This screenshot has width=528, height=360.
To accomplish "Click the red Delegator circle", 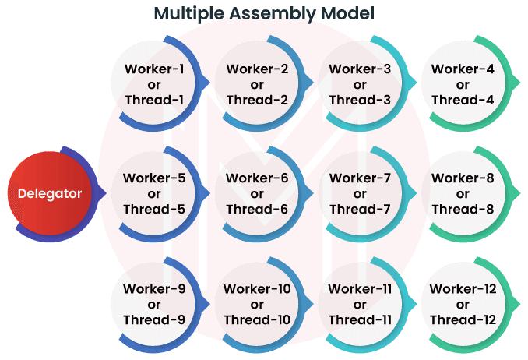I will tap(49, 193).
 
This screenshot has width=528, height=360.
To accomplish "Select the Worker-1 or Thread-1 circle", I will tap(153, 84).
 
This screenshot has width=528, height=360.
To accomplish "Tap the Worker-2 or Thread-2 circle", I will tap(256, 84).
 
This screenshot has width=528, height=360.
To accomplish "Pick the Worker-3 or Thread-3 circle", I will tap(359, 84).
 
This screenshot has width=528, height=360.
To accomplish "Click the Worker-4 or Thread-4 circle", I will tap(462, 84).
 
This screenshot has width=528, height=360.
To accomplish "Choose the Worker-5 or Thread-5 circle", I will tap(153, 193).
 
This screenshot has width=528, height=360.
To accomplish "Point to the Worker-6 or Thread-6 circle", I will tap(256, 193).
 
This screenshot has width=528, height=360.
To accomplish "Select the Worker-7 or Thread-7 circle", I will tap(359, 193).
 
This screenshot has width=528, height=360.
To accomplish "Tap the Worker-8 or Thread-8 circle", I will tap(462, 193).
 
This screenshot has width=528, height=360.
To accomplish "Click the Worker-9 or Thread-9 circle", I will tap(153, 304).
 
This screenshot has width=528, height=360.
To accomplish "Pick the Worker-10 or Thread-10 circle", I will tap(256, 304).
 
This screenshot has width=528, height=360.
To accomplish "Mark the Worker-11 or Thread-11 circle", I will tap(359, 304).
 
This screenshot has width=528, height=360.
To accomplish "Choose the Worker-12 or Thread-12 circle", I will tap(462, 304).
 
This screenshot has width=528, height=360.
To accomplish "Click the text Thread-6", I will tap(256, 209).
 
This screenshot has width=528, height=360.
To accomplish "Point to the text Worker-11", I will tap(359, 289).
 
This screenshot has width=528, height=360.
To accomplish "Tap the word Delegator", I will tap(49, 193).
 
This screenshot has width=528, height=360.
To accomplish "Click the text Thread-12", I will tap(462, 319).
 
